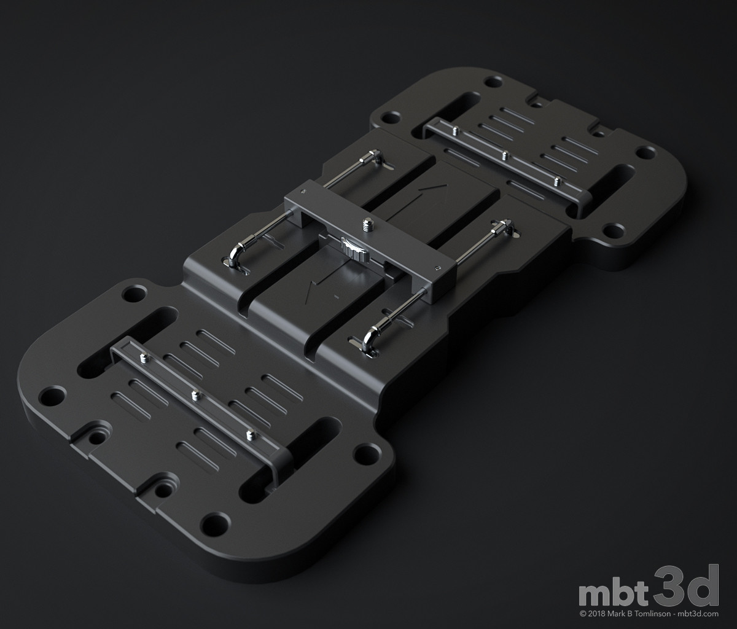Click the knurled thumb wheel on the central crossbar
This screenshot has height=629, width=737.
point(351,249)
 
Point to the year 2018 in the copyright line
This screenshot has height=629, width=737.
point(598,614)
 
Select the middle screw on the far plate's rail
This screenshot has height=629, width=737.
point(504,155)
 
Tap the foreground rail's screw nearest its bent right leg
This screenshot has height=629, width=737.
point(249,436)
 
